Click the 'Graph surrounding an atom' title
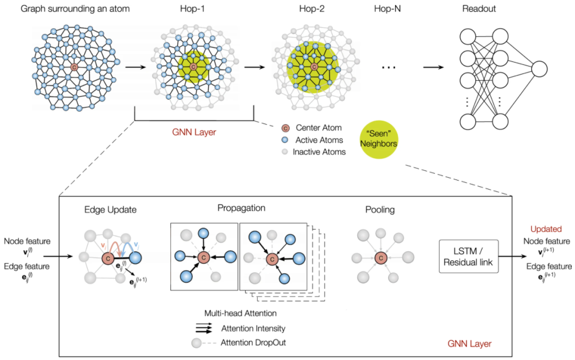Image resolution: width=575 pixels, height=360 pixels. (x=75, y=9)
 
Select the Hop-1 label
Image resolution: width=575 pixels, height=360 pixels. (x=193, y=9)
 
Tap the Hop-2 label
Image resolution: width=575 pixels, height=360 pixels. (x=311, y=9)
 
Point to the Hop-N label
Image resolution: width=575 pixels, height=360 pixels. (x=387, y=9)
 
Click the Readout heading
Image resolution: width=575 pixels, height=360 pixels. (x=479, y=9)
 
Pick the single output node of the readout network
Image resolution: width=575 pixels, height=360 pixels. (x=539, y=69)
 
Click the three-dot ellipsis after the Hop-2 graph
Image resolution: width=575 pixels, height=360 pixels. (x=388, y=68)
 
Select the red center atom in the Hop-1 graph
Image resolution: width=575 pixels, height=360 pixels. (x=193, y=67)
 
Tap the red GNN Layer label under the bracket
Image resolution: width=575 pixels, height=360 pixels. (x=194, y=132)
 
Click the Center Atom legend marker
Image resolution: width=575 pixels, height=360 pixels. (x=285, y=128)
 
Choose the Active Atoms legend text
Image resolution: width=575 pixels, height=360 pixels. (x=319, y=140)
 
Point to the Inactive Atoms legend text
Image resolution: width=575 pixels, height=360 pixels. (x=319, y=152)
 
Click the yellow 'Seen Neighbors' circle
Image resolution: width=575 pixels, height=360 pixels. (x=379, y=140)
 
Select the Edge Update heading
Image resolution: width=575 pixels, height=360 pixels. (x=110, y=209)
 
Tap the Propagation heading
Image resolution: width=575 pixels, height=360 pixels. (x=241, y=208)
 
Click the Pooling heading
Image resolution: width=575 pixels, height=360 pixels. (x=380, y=209)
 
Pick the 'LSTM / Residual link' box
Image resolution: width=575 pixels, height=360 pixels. (x=469, y=257)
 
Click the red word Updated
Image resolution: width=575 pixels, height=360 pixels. (x=546, y=229)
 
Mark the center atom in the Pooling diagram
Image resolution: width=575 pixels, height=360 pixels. (x=381, y=258)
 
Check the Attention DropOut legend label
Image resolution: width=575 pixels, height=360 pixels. (x=253, y=342)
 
